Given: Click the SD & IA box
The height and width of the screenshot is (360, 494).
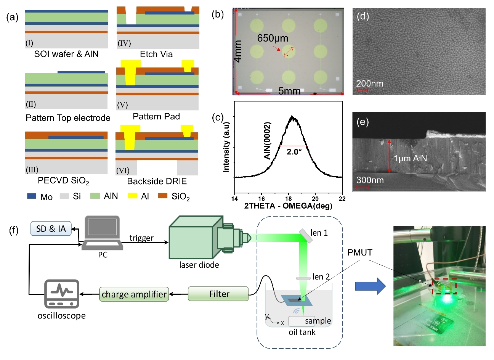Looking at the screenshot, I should click(51, 229).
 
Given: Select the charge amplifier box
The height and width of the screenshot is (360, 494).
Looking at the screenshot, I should click(134, 294).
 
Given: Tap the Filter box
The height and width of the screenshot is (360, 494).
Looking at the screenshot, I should click(219, 294).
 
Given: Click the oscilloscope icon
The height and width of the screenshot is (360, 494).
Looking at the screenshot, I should click(62, 294).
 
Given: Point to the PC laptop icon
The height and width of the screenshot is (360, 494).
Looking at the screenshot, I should click(102, 233).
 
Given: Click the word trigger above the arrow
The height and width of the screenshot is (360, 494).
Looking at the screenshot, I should click(141, 238).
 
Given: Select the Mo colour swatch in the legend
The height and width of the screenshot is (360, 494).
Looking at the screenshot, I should click(32, 196).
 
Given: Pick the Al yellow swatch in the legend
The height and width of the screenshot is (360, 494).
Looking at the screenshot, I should click(133, 196).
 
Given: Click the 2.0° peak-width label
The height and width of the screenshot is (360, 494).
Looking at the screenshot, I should click(294, 152).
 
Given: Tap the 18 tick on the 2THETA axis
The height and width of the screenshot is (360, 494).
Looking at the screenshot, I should click(289, 199).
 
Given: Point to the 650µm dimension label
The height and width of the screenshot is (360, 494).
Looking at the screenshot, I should click(273, 38).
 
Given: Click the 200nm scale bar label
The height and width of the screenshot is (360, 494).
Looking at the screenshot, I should click(370, 84).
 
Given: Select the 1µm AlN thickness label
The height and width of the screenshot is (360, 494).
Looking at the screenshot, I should click(410, 158).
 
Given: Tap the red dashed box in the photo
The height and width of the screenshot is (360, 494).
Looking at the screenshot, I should click(444, 286).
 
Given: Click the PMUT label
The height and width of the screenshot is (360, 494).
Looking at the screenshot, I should click(360, 252).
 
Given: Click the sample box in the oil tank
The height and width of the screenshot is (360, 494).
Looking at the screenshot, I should click(302, 321).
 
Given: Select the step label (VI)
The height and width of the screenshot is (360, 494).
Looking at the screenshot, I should click(123, 170).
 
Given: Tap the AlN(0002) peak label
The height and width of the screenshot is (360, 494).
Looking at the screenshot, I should click(267, 141).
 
